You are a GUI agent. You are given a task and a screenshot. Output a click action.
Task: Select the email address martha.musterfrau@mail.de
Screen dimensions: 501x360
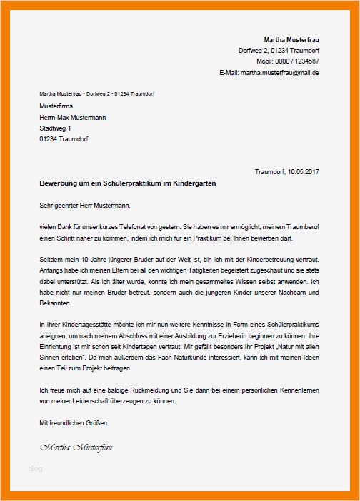pyautogui.click(x=279, y=73)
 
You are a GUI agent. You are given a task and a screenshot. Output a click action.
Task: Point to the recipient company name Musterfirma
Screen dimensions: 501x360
pyautogui.click(x=56, y=106)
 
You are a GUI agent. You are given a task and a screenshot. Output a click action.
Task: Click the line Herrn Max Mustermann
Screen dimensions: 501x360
pyautogui.click(x=73, y=116)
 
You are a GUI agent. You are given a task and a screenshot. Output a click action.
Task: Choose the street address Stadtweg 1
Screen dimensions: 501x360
pyautogui.click(x=56, y=128)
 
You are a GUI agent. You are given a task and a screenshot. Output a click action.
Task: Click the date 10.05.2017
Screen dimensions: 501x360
pyautogui.click(x=303, y=172)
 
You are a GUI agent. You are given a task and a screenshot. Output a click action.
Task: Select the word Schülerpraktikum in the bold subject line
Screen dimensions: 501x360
pyautogui.click(x=137, y=183)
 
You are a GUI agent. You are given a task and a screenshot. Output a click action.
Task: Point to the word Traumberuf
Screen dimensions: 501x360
pyautogui.click(x=299, y=226)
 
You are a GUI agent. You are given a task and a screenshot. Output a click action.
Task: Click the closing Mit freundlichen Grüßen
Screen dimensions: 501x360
pyautogui.click(x=73, y=423)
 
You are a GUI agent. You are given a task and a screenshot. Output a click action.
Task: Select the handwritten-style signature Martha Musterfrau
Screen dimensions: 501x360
pyautogui.click(x=76, y=448)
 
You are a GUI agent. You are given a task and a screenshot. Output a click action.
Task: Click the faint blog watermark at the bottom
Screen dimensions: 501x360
pyautogui.click(x=36, y=468)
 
